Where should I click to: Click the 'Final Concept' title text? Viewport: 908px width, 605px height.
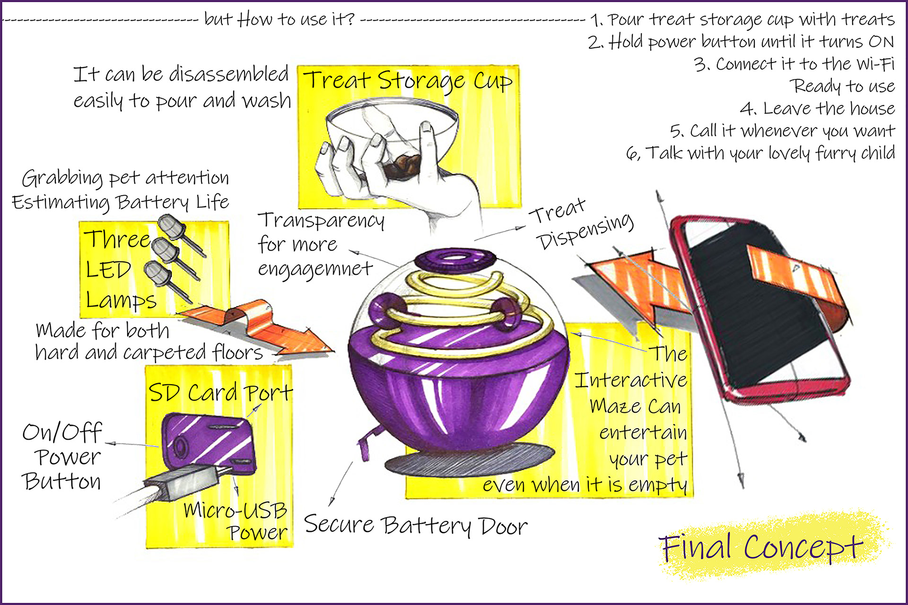[x=761, y=547]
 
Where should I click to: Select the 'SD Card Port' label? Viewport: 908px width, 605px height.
[x=220, y=393]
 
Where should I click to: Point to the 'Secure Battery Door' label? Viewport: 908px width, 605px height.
[x=415, y=526]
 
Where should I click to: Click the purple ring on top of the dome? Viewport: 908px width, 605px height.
[x=455, y=259]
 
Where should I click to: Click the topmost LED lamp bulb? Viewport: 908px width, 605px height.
[x=171, y=227]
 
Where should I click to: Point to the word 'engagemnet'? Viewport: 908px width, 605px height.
[x=315, y=268]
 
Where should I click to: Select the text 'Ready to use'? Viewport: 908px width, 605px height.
[x=843, y=86]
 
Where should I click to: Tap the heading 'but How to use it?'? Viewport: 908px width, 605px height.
[x=279, y=19]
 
